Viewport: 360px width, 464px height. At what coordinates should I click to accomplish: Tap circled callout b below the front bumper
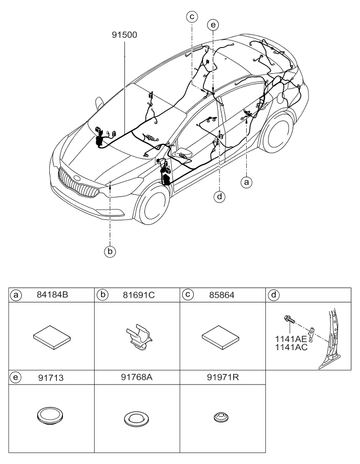click(x=111, y=252)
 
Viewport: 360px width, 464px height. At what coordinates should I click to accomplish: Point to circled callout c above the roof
click(x=191, y=16)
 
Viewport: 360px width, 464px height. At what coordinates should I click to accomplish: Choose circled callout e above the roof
click(x=213, y=25)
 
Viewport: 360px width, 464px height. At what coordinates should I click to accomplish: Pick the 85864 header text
click(x=222, y=294)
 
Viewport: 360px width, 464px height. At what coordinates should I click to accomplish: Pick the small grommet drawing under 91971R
click(x=221, y=417)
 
